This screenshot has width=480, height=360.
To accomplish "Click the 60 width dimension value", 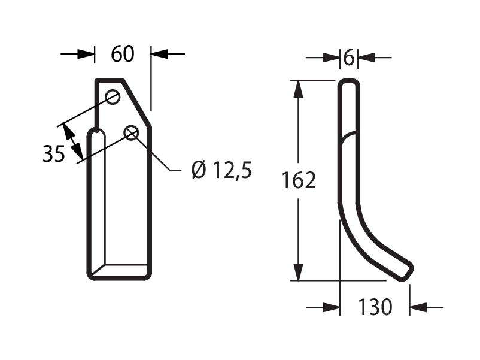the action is [123, 54].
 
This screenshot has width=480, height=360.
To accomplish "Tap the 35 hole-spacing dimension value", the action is [54, 153].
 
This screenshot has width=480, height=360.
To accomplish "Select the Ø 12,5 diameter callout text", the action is [221, 170].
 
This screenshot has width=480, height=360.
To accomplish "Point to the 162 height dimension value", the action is [299, 180].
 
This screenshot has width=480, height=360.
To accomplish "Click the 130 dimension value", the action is [375, 307].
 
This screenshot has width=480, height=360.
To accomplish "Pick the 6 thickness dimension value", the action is [349, 58].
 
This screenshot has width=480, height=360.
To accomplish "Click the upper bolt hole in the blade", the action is [113, 97].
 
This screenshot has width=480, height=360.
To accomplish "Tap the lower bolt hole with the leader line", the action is [131, 133].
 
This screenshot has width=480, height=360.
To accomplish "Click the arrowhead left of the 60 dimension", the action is [86, 54].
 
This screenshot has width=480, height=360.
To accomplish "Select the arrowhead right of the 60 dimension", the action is [160, 54].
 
